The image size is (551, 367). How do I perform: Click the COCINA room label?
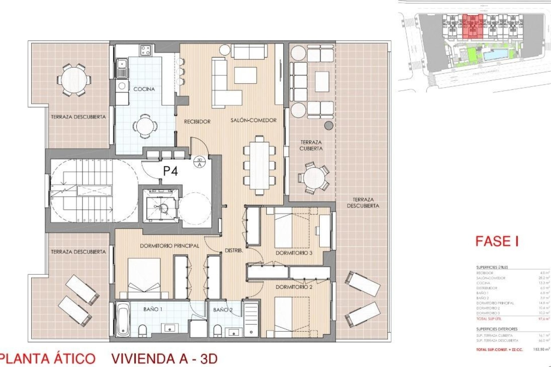[144, 89]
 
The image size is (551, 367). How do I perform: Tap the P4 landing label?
[170, 171]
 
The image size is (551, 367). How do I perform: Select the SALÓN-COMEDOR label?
[253, 120]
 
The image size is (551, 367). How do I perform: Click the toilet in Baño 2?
[218, 330]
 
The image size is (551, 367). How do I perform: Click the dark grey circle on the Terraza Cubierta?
[329, 125]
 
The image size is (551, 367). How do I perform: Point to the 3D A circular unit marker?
[200, 162]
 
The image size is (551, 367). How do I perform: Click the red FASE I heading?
[497, 241]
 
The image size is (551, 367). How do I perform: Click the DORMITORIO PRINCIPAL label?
[169, 246]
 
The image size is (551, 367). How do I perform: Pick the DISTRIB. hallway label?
[234, 251]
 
